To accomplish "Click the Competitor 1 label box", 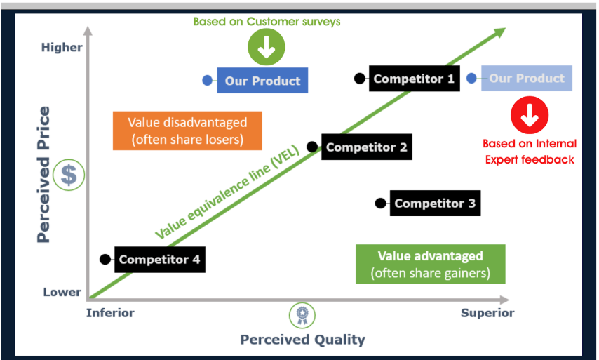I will [x=413, y=79].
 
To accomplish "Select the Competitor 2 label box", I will [x=366, y=147].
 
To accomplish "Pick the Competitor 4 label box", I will [x=159, y=260].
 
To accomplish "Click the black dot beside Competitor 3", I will [x=380, y=204].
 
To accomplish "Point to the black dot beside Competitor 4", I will [x=105, y=260].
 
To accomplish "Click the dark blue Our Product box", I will [x=262, y=81].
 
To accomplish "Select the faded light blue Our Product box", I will [x=526, y=79].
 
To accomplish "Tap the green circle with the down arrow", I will [x=267, y=48].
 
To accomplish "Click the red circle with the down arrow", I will [x=530, y=114].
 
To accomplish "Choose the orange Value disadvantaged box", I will [x=187, y=131].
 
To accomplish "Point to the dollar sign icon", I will [x=69, y=175].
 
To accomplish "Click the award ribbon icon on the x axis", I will [x=302, y=314].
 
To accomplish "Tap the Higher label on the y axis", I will [x=62, y=47].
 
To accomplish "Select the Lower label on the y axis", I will [x=62, y=292].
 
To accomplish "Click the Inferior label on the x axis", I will [x=110, y=313].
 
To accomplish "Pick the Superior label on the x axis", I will [x=487, y=313].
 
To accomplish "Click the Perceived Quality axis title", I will [x=302, y=340].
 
